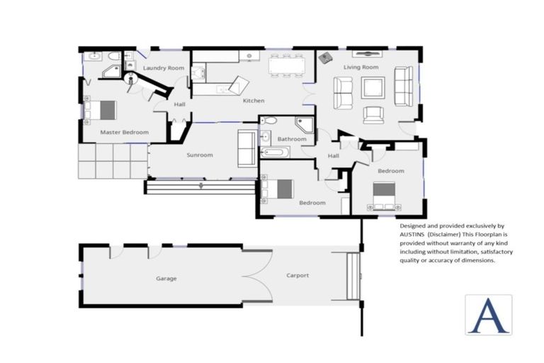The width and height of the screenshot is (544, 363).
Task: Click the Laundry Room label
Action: click(164, 68)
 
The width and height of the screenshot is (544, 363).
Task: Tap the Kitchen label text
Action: click(254, 101)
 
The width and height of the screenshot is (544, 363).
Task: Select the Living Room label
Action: click(361, 67)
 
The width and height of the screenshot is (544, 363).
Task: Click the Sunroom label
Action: click(200, 155)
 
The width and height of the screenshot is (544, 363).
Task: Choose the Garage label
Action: click(166, 279)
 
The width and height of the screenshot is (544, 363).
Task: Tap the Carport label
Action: click(297, 276)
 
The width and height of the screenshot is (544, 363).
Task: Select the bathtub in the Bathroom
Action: click(276, 152)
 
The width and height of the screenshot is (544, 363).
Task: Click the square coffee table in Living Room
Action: click(373, 88)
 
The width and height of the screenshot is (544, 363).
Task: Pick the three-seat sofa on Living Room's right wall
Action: click(403, 86)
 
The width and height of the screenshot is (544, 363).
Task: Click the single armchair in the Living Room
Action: click(373, 114)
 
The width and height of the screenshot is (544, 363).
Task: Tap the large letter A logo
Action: click(488, 314)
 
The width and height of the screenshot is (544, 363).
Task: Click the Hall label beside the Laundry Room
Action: click(179, 105)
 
